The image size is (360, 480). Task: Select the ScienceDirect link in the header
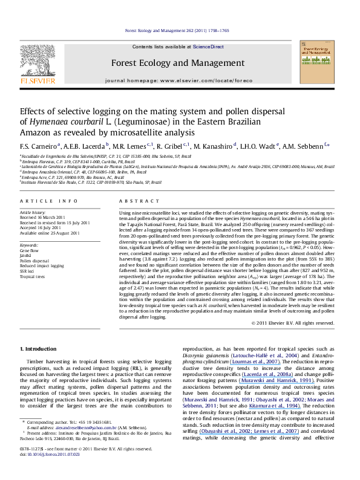click(x=209, y=47)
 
